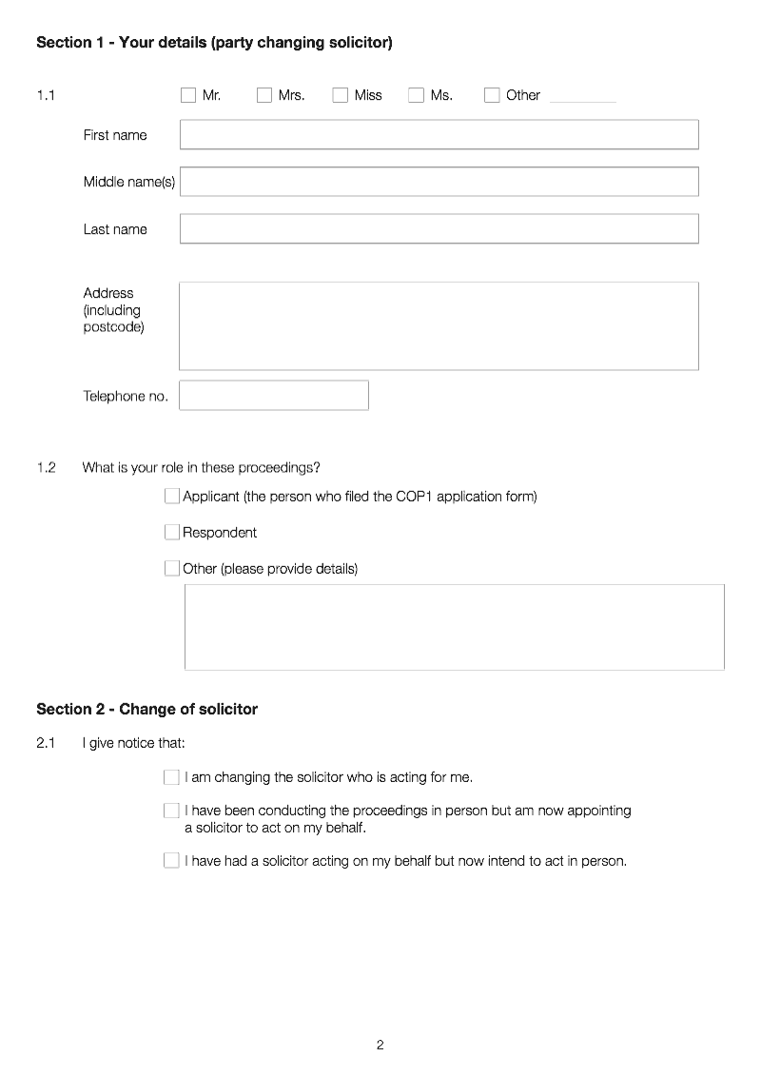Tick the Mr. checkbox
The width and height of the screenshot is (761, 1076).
tap(188, 95)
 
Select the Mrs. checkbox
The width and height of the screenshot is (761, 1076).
tap(264, 95)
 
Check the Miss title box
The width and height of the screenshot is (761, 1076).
tap(341, 95)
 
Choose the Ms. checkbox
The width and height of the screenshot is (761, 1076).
tap(416, 95)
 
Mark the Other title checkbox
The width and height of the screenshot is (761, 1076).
tap(492, 95)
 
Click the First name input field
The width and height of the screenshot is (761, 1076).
tap(439, 134)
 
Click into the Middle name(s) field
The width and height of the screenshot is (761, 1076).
tap(439, 182)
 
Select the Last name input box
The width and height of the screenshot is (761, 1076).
tap(439, 228)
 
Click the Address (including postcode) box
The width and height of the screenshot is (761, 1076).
tap(439, 325)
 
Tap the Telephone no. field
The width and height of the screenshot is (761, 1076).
tap(274, 396)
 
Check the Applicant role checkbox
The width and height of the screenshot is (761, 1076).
tap(172, 496)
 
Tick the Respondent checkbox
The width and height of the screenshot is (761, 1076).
tap(172, 532)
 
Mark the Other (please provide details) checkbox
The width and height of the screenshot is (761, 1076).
tap(172, 568)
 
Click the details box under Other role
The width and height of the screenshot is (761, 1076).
tap(454, 627)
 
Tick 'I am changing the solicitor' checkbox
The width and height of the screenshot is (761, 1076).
tap(171, 777)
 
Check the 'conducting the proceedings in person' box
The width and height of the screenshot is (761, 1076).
tap(171, 811)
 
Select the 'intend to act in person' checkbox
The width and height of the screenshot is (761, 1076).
tap(171, 861)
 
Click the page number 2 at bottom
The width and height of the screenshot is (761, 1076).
tap(380, 1045)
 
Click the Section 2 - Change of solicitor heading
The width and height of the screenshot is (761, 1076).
tap(146, 709)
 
